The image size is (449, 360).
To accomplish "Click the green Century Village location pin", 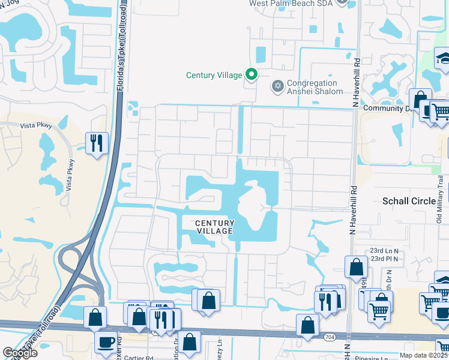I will (252, 75).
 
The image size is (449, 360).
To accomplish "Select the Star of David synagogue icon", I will (277, 87).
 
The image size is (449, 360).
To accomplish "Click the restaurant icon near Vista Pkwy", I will (97, 143).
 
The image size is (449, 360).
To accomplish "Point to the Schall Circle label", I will (409, 201).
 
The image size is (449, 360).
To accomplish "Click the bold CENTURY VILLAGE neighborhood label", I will (214, 227).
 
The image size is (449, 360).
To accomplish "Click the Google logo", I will (20, 353).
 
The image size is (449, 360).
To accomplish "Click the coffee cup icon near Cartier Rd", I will (106, 343).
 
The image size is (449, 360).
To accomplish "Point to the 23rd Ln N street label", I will (385, 250).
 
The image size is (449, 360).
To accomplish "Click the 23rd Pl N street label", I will (385, 259).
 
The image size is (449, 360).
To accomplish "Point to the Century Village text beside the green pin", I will (214, 75).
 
